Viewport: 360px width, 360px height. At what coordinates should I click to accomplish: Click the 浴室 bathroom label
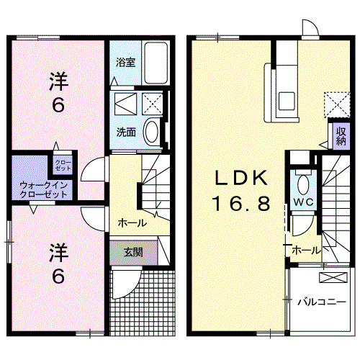tap(125, 62)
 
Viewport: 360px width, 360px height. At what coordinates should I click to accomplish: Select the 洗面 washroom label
tap(126, 132)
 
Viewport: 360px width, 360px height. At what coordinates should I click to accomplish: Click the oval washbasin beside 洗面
tap(152, 132)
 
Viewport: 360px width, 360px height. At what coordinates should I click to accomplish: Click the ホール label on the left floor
tap(132, 222)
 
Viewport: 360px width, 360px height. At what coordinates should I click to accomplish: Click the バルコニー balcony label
tap(320, 302)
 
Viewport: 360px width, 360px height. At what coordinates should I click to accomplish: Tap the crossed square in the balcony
tap(331, 276)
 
